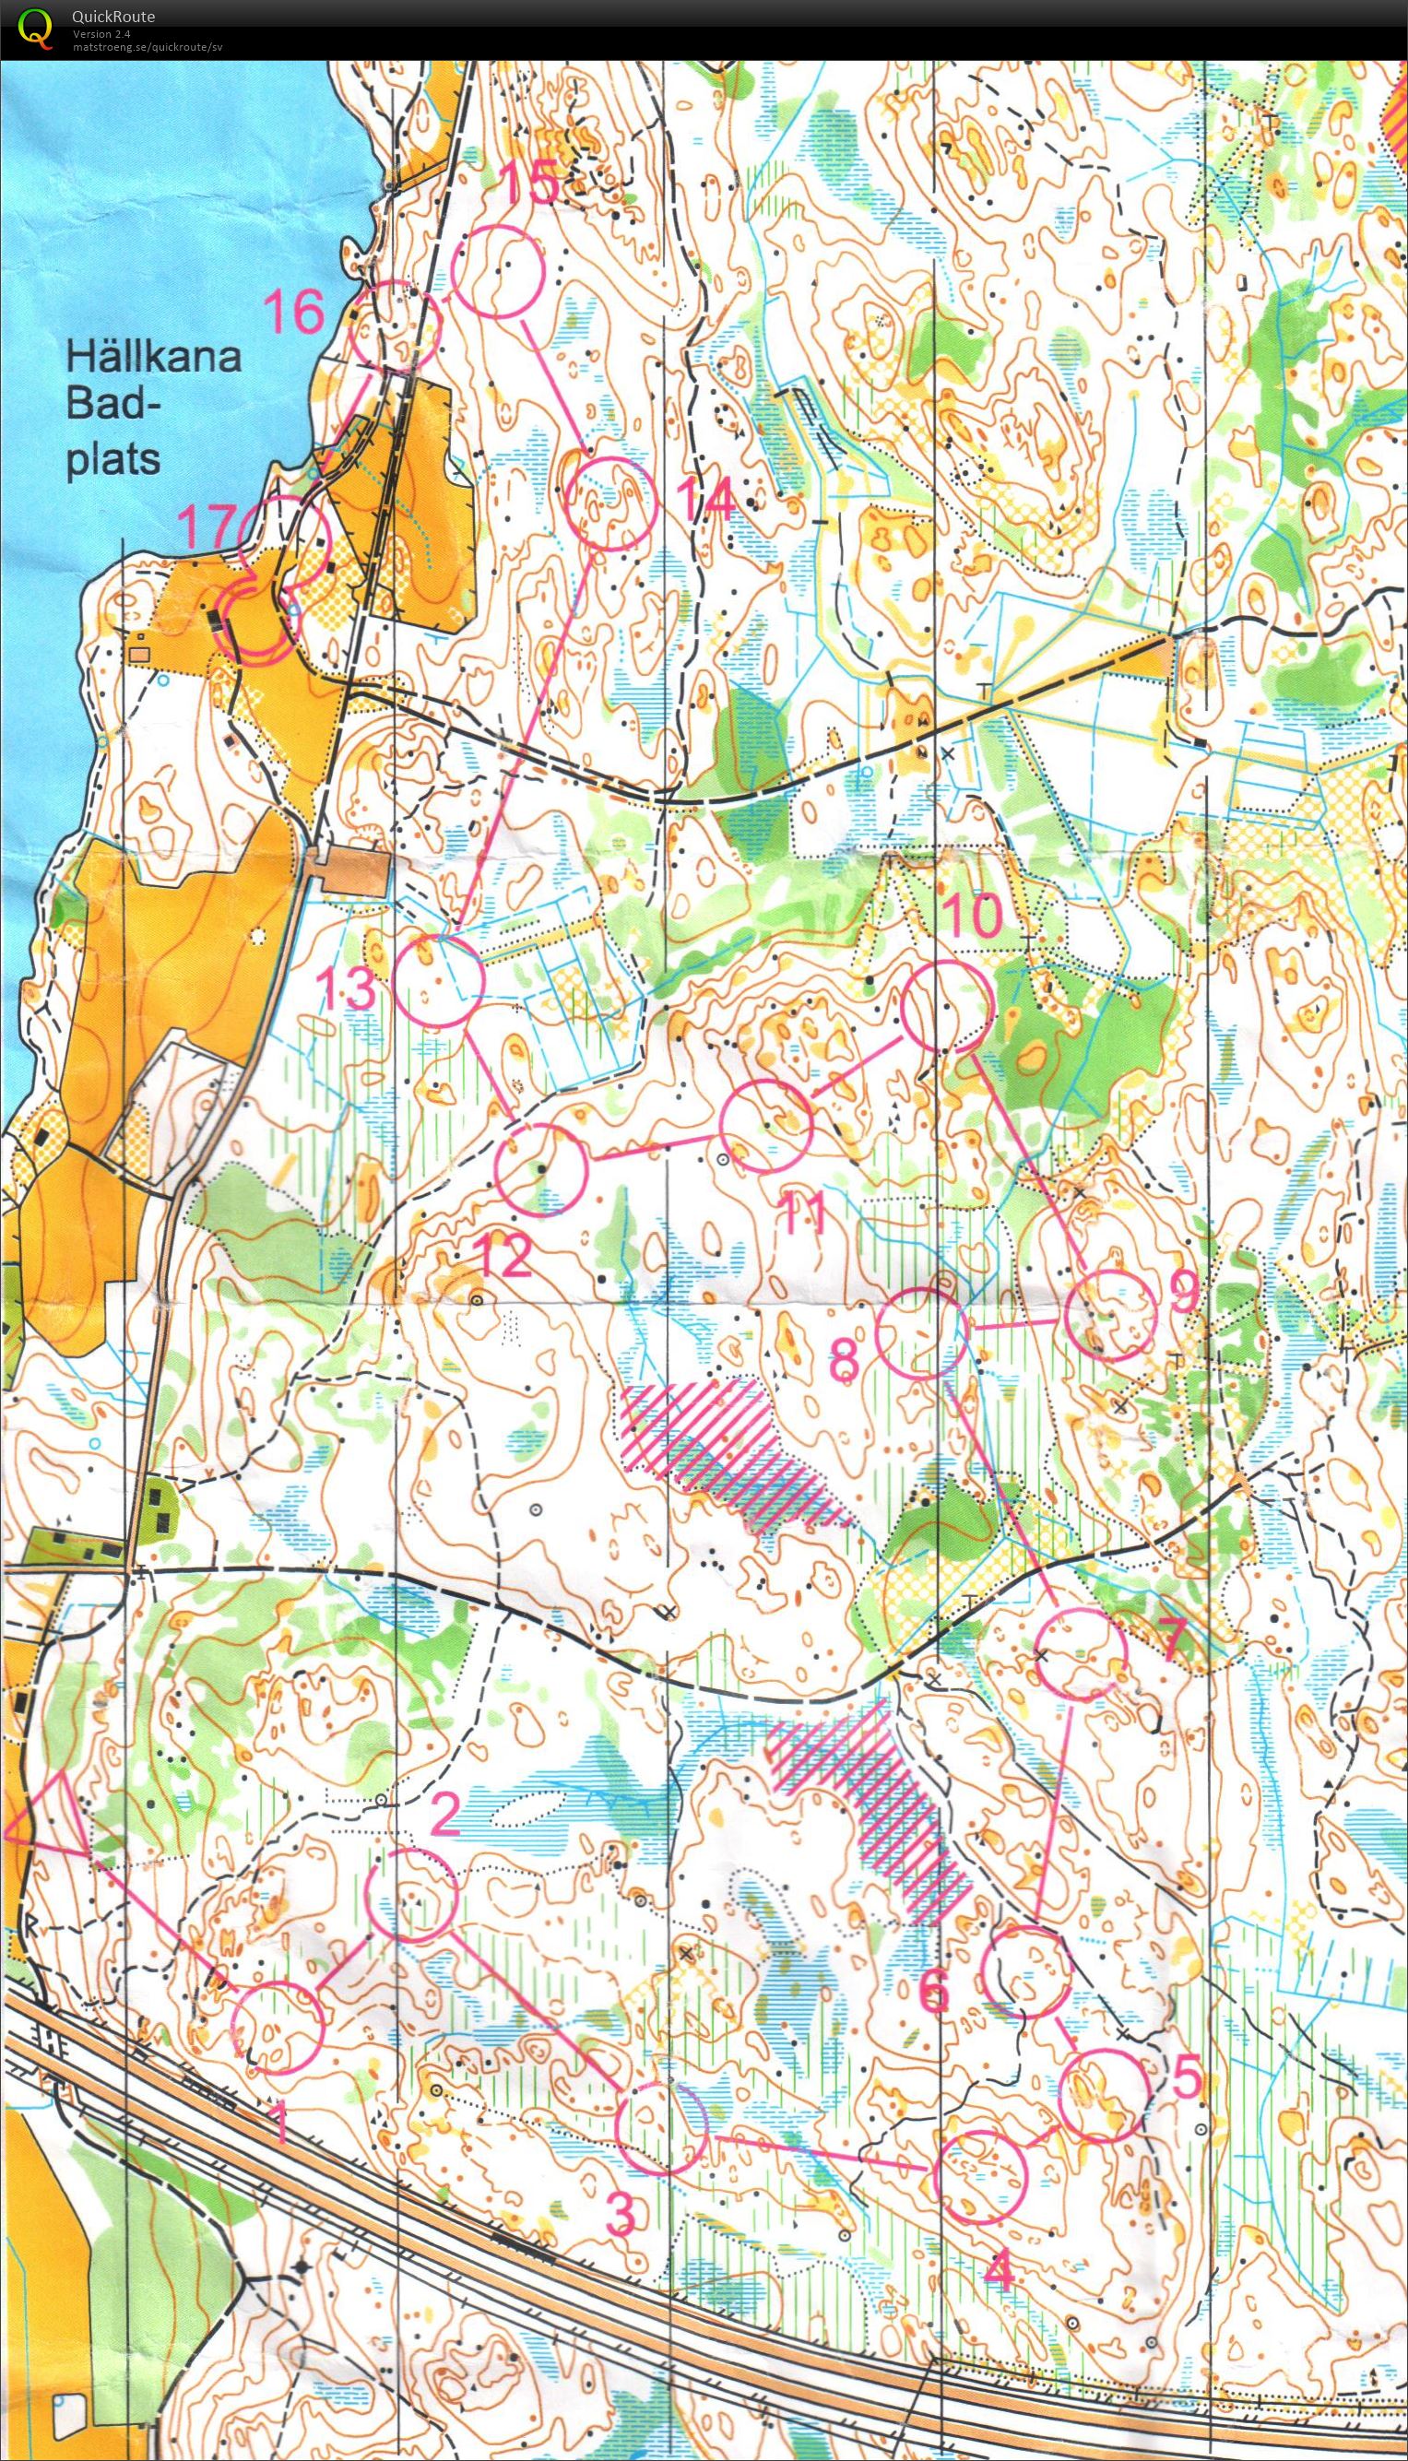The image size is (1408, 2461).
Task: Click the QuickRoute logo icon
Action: pos(36,26)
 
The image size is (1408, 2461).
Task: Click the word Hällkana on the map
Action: pos(153,358)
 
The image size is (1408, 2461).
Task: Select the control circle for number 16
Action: pos(394,325)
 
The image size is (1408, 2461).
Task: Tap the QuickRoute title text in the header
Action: pos(112,17)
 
